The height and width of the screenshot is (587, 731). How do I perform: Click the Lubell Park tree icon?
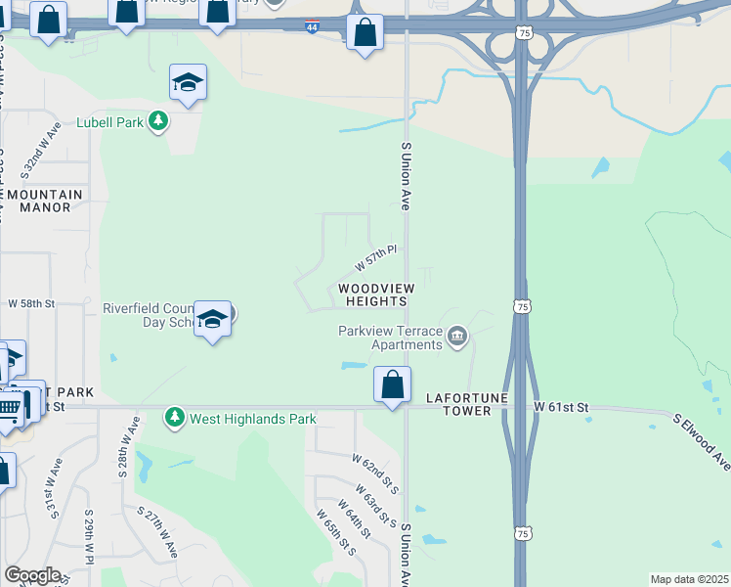click(x=158, y=121)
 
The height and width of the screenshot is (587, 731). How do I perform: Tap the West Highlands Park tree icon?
click(x=175, y=418)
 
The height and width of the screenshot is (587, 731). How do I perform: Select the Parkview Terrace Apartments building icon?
click(x=456, y=339)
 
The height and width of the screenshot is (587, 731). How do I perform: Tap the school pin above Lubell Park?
click(x=187, y=83)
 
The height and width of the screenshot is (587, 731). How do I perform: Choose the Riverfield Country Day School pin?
click(x=212, y=320)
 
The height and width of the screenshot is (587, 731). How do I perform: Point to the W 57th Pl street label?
click(x=373, y=258)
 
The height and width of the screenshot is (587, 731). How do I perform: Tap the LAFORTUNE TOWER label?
click(x=458, y=405)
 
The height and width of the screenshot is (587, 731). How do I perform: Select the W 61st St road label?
click(x=562, y=406)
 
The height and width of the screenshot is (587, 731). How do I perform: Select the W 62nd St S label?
click(x=376, y=470)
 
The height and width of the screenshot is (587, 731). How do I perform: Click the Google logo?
click(x=32, y=575)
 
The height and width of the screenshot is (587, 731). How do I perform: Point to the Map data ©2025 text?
click(x=690, y=579)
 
